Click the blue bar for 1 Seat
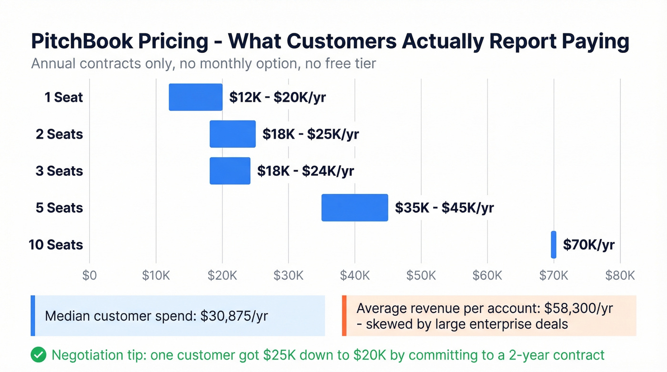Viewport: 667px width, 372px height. point(196,97)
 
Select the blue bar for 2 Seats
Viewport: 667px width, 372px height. point(232,134)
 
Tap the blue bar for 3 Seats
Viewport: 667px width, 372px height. point(230,171)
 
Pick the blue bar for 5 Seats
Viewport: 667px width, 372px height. point(355,208)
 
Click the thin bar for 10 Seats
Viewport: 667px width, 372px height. point(554,244)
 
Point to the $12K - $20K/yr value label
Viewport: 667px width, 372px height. point(277,97)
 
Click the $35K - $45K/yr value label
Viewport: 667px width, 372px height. point(444,208)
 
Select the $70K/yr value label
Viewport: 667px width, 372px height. point(588,245)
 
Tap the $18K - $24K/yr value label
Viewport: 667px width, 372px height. point(305,171)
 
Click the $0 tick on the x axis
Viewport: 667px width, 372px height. point(89,275)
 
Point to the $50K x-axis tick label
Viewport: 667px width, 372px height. point(421,275)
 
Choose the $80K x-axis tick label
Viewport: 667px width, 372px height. point(620,275)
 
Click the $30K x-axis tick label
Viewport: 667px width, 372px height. point(288,275)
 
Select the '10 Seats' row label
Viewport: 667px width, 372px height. point(56,245)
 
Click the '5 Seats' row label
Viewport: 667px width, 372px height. point(59,208)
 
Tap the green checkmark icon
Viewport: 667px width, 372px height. point(38,355)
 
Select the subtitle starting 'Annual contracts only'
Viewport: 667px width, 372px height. point(203,63)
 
